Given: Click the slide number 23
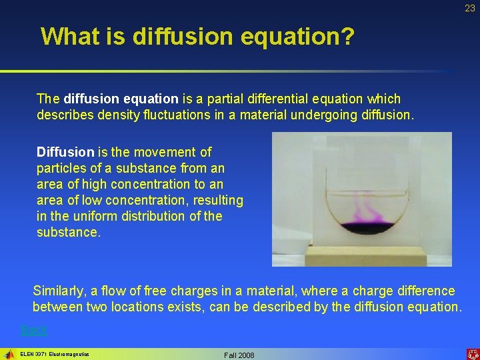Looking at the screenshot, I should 470,8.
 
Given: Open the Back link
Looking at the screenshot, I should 34,330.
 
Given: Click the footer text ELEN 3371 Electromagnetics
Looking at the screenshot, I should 55,353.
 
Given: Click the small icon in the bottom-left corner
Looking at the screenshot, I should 9,353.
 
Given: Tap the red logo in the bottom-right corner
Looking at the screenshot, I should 471,353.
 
